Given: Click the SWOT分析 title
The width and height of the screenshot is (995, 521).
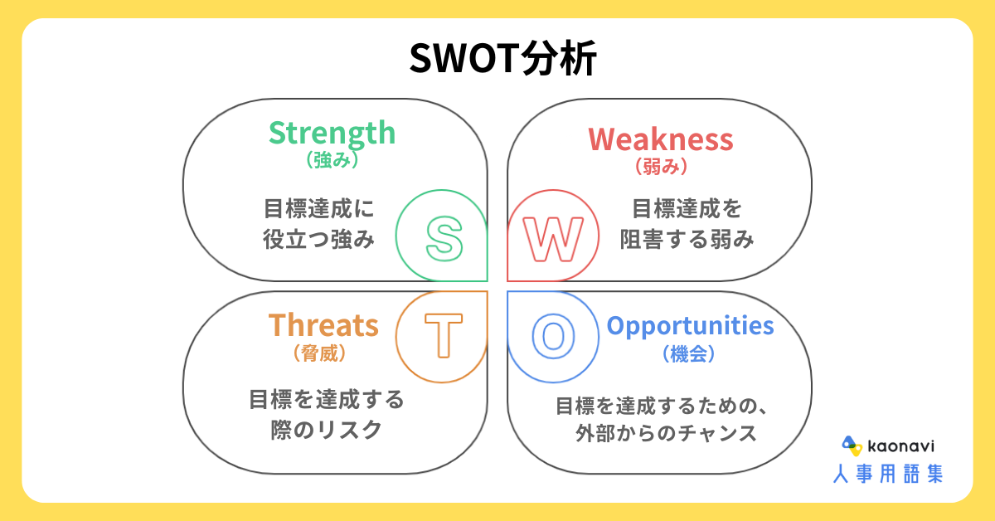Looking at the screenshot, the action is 502,58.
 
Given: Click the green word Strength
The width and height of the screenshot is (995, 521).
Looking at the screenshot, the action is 332,133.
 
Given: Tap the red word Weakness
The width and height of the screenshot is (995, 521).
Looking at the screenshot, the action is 661,139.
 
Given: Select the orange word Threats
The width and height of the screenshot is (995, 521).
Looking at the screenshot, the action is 323,325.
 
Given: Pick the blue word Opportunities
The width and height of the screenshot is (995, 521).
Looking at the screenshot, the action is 690,327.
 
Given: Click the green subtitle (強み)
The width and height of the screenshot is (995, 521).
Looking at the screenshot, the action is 332,160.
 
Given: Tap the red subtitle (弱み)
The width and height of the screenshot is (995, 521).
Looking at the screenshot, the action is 662,167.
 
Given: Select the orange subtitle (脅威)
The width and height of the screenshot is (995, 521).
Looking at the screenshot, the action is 320,354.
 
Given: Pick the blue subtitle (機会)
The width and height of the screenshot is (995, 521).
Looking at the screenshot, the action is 689,354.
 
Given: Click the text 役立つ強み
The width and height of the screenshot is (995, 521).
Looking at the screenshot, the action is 318,239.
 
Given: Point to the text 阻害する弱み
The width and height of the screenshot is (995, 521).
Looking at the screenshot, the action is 687,239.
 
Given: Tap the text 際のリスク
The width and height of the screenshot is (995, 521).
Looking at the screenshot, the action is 327,430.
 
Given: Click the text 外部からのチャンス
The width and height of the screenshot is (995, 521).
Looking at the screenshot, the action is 666,433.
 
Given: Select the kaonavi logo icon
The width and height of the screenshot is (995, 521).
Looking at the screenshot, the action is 852,446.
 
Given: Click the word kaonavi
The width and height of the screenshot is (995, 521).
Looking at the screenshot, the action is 900,446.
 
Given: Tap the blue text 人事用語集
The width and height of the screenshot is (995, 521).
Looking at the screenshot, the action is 888,474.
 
